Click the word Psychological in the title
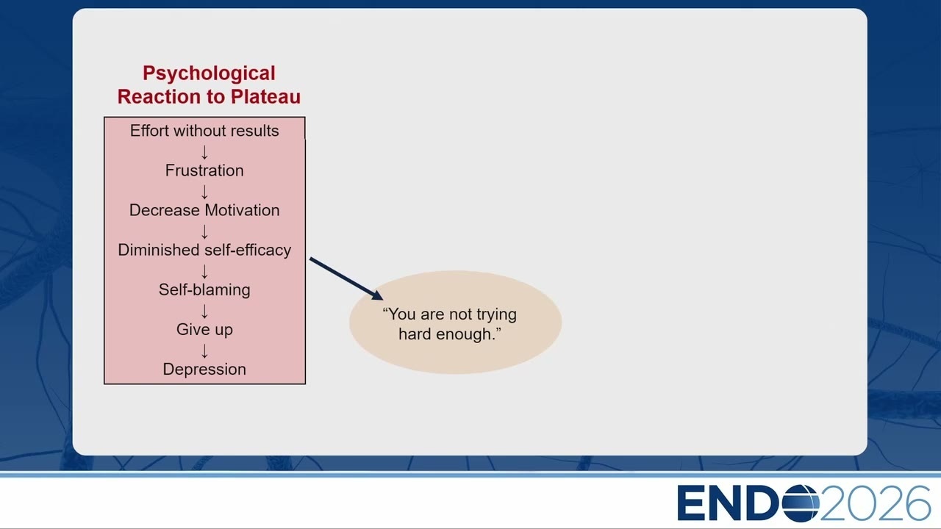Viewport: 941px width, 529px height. click(209, 74)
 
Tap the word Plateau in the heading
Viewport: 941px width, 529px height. click(265, 96)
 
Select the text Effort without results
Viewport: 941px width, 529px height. click(204, 131)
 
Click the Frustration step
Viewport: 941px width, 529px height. click(204, 170)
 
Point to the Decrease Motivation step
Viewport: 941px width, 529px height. click(204, 210)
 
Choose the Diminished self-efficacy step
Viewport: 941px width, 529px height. click(204, 250)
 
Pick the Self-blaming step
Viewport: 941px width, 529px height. click(204, 289)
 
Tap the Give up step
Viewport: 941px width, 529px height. click(204, 330)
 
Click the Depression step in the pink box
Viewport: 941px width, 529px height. click(204, 369)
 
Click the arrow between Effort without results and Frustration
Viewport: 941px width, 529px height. click(204, 152)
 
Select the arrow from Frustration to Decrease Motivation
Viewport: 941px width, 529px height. click(204, 192)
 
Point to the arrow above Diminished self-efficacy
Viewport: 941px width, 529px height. click(204, 231)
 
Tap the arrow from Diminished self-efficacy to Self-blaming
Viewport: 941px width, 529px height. click(204, 271)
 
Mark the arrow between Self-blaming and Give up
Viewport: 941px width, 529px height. click(204, 311)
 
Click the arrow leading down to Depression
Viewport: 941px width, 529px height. click(204, 351)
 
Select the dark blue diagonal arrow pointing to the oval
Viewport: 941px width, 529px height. click(346, 278)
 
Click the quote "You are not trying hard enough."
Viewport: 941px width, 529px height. click(450, 324)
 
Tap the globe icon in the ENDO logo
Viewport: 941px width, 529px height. click(801, 503)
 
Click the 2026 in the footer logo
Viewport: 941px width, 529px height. click(876, 503)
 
